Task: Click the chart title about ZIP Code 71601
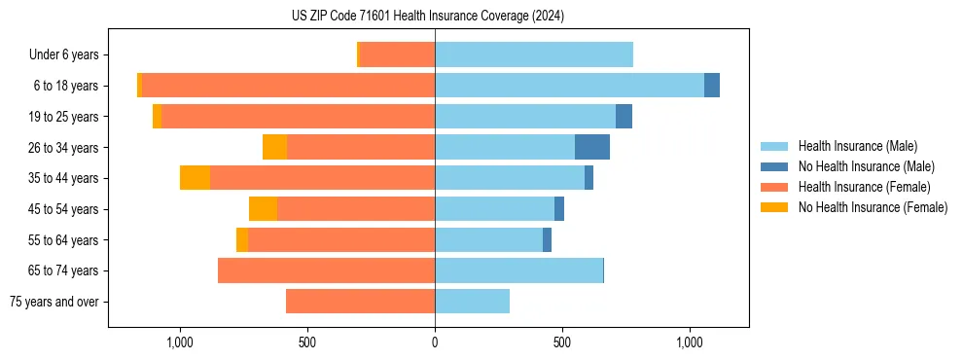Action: click(428, 17)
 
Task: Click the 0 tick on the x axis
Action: click(435, 342)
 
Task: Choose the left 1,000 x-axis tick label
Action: click(180, 342)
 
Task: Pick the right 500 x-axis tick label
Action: click(562, 342)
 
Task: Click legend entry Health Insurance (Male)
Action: click(857, 146)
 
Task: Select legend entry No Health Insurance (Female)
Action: click(873, 207)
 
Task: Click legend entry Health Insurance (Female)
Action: click(864, 187)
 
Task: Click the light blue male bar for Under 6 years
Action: click(534, 54)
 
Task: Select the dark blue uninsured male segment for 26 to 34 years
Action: click(592, 147)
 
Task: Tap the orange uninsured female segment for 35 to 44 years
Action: click(196, 178)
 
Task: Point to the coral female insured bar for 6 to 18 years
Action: click(288, 86)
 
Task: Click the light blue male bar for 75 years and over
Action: click(472, 302)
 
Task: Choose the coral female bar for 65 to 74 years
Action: click(326, 270)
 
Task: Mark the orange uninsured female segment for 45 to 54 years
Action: click(264, 209)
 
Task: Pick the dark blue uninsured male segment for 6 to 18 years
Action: click(712, 86)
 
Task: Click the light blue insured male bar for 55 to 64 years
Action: click(488, 239)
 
